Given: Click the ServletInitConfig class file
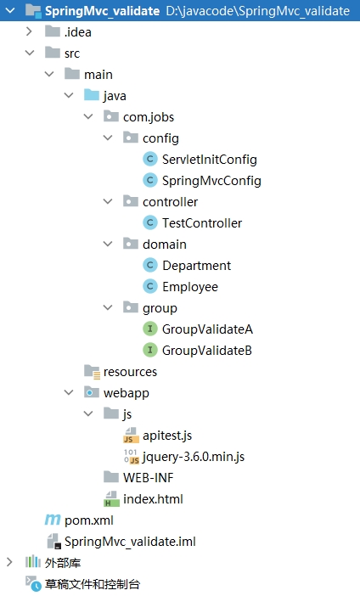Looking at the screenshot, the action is pos(210,160).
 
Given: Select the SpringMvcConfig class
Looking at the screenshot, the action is pos(211,181).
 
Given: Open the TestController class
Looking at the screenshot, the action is pos(202,223).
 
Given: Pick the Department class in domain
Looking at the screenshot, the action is pos(196,266).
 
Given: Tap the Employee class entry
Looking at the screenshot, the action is pos(190,287).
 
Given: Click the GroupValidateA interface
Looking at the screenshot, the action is pos(207,329).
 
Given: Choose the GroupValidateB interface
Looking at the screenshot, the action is pos(207,351).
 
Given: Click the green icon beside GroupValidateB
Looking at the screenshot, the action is pos(150,351).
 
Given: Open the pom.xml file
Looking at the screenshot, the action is pos(89,520).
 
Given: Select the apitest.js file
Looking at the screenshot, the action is pos(167,436).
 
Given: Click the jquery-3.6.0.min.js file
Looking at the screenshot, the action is pos(194,457).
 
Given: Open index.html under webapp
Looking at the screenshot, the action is pos(153,499).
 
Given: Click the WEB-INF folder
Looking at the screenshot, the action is pos(149,478).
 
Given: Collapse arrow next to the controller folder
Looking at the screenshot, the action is pos(108,202).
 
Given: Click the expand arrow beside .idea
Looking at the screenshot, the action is pos(29,32).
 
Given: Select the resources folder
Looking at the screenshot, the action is pos(130,372).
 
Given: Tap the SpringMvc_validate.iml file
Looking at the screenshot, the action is pos(130,542).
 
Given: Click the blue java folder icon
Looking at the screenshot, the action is pos(92,95).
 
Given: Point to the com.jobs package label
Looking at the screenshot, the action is pos(149,117).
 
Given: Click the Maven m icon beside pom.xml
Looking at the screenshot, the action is pos(53,520).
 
